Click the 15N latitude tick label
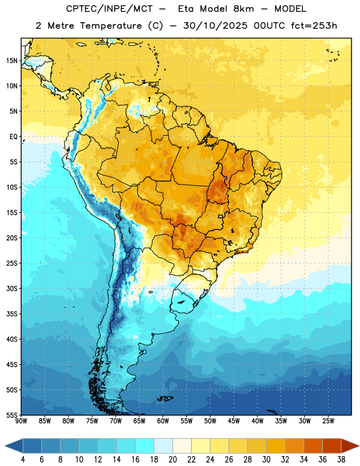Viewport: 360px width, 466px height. (12, 61)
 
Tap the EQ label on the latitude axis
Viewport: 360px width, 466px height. (13, 137)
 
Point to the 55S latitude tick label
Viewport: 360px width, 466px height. (12, 415)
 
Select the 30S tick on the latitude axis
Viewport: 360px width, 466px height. (12, 288)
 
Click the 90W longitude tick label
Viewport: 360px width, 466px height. (21, 421)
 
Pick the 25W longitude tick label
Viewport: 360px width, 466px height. (328, 421)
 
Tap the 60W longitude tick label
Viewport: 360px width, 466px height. (163, 421)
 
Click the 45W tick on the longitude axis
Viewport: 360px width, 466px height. (234, 421)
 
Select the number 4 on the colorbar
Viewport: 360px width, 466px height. (23, 460)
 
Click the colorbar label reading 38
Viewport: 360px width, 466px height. (341, 460)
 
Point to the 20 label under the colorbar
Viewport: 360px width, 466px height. (172, 460)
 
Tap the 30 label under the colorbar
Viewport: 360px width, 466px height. (266, 460)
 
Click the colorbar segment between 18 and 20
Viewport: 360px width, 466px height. (164, 446)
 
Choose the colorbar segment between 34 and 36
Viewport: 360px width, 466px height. (313, 446)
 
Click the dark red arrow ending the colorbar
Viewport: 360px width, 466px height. (350, 446)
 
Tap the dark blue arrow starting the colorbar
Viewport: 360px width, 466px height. (13, 446)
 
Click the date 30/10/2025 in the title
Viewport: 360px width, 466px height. (215, 26)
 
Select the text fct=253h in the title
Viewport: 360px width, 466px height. (314, 26)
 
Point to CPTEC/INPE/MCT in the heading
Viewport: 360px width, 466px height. (110, 9)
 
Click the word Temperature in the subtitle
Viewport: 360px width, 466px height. (111, 26)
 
